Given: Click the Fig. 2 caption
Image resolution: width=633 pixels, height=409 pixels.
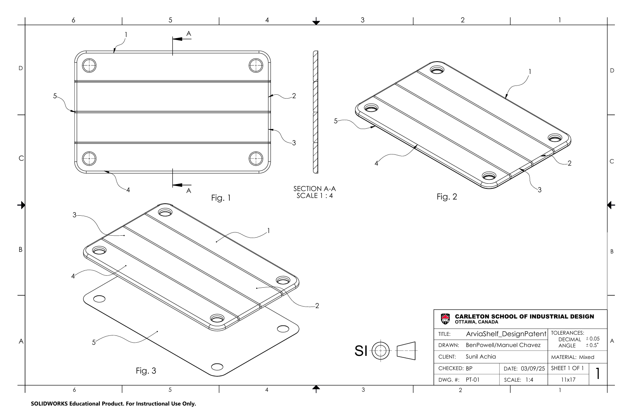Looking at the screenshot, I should point(447,197).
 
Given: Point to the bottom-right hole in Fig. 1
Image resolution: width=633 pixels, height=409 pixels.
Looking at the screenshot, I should point(255,158).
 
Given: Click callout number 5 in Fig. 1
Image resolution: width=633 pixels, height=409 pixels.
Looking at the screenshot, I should point(55,96).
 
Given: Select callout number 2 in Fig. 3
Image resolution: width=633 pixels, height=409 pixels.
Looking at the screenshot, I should point(317,306).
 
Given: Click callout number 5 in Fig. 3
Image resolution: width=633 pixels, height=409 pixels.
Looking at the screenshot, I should point(94,343).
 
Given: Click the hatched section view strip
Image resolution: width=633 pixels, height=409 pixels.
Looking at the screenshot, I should point(315,112).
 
